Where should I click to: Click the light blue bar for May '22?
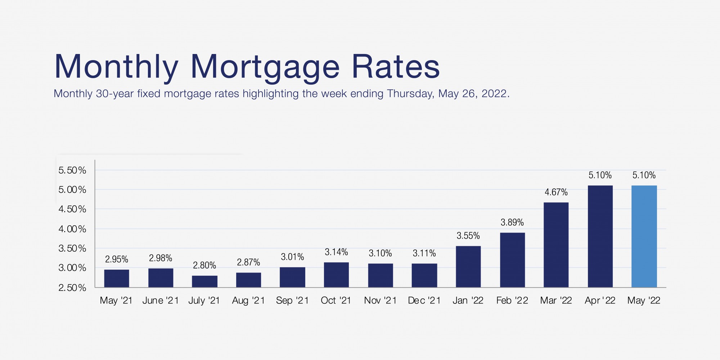(644, 236)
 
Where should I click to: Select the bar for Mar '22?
(556, 245)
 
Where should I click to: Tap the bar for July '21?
(204, 282)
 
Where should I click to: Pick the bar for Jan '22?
(468, 266)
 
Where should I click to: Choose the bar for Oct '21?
(336, 275)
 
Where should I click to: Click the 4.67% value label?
(556, 192)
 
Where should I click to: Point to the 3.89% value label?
(512, 222)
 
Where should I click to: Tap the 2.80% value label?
(204, 266)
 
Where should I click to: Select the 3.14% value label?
(336, 252)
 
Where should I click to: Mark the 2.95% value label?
(117, 259)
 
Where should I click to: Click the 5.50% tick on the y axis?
(72, 170)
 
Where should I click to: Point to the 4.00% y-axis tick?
(72, 229)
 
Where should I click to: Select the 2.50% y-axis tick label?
(72, 288)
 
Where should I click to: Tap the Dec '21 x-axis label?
(424, 301)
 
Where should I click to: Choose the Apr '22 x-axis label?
(600, 301)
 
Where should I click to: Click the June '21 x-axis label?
(161, 301)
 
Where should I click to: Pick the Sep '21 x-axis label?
(292, 301)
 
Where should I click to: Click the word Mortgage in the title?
(265, 67)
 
